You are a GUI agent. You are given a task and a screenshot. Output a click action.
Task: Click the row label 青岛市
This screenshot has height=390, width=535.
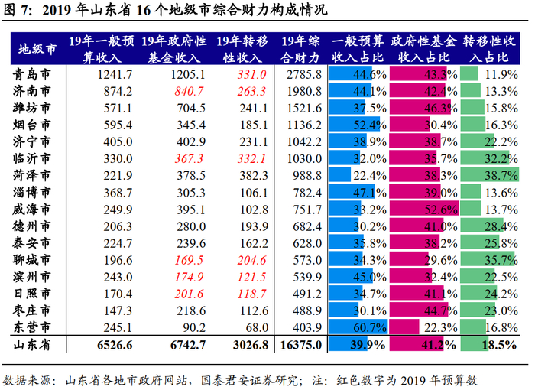(x=32, y=74)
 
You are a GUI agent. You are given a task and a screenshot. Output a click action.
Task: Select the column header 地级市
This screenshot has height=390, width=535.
(x=37, y=49)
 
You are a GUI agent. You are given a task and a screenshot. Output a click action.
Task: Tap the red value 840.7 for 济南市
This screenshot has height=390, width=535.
(x=189, y=91)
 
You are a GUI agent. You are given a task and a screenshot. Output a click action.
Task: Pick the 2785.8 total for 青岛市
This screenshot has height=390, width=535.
(x=304, y=74)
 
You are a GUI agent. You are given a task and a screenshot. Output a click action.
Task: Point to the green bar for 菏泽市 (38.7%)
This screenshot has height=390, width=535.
(x=490, y=174)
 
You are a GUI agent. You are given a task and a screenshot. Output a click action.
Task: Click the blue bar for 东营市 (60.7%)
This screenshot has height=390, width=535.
(x=358, y=327)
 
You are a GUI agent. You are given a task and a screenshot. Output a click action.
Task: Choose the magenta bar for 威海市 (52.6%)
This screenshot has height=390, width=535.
(x=424, y=208)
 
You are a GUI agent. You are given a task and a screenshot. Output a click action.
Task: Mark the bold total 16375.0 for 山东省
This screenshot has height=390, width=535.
(x=301, y=345)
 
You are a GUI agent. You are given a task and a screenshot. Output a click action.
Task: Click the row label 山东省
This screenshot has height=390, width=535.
(x=32, y=345)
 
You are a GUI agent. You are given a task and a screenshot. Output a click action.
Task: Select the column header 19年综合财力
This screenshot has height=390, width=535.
(x=300, y=49)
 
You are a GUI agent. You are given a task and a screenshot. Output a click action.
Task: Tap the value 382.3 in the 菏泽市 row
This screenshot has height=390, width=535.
(x=254, y=176)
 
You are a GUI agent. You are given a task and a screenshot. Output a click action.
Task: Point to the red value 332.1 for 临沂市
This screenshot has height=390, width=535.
(x=251, y=159)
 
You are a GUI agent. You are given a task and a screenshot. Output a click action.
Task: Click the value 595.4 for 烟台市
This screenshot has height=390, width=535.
(x=118, y=125)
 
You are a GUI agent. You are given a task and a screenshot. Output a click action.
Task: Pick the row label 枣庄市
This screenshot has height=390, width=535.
(x=32, y=310)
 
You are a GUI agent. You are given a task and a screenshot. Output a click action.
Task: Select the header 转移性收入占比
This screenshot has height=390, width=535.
(x=489, y=49)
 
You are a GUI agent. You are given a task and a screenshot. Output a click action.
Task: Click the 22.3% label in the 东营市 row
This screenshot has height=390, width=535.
(x=440, y=327)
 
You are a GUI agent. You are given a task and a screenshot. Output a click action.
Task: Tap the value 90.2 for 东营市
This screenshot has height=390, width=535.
(x=194, y=327)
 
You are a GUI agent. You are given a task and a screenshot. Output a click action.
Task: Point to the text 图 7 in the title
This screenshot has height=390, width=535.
(x=15, y=10)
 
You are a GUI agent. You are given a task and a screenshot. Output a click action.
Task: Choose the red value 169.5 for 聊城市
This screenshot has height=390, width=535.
(x=189, y=260)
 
